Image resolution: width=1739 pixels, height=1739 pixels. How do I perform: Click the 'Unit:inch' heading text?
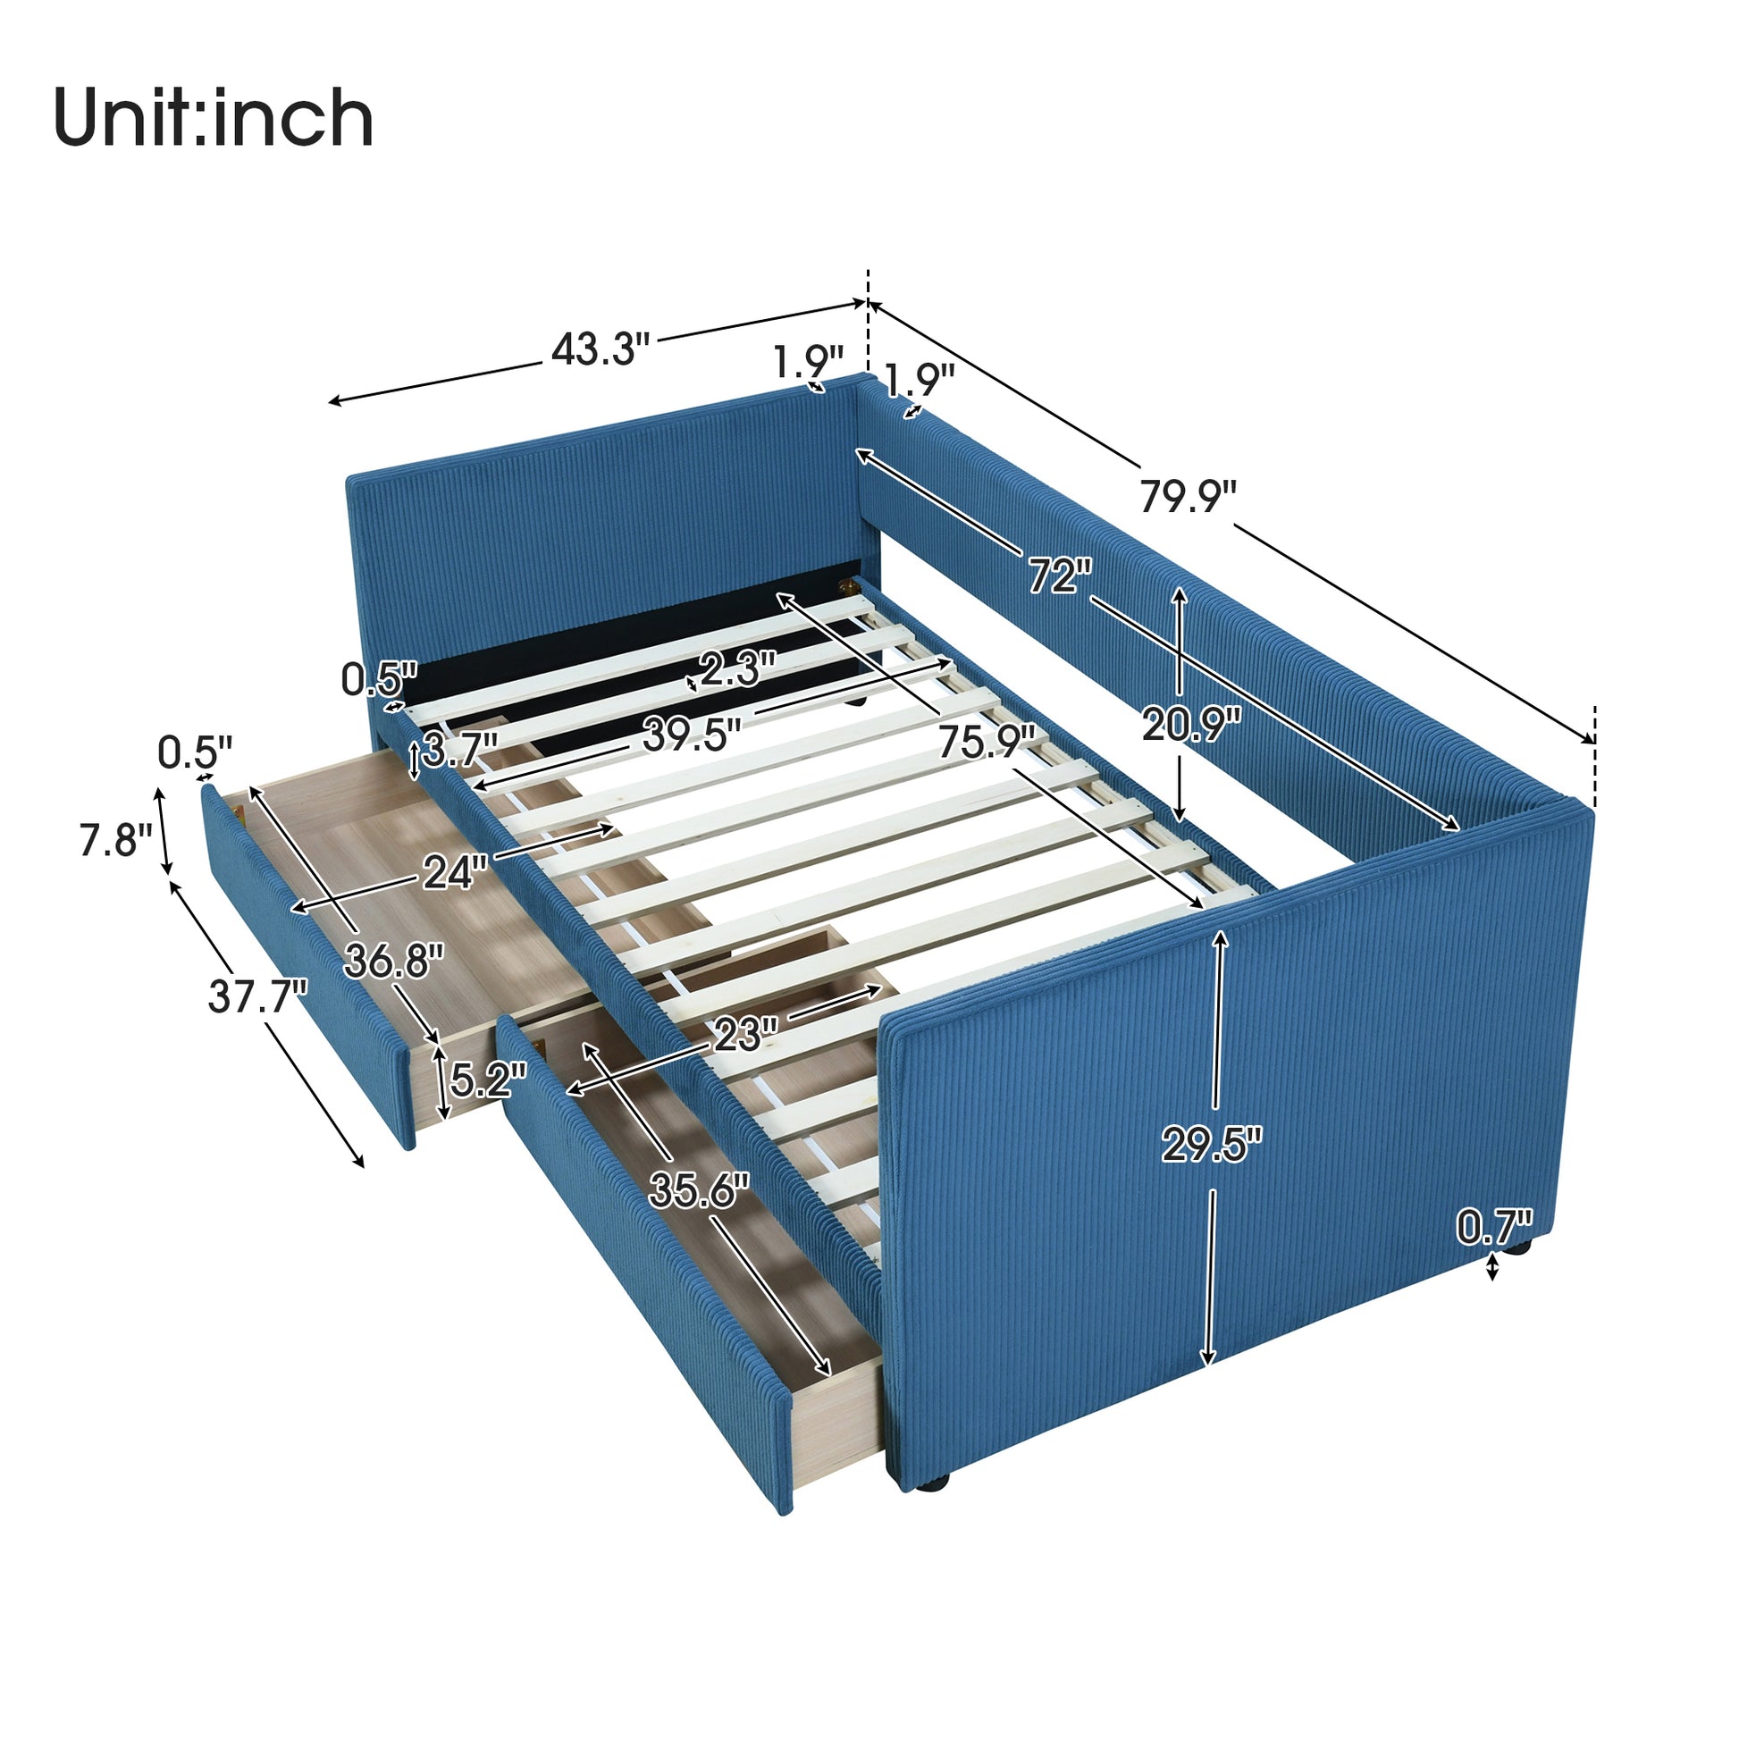[214, 118]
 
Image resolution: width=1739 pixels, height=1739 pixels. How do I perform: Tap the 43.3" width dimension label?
[600, 349]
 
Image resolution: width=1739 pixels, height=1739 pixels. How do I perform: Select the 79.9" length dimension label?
[1188, 496]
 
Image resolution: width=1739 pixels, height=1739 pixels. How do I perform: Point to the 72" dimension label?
[1060, 575]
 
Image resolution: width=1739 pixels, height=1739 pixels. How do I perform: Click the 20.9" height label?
[1191, 725]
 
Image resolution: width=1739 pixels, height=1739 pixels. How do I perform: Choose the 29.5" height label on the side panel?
[1211, 1145]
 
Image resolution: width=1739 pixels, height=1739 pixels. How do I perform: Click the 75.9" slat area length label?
[986, 743]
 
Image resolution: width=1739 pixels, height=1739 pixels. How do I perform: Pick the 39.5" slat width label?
[691, 735]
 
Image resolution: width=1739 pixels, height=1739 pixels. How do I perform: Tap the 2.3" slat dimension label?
[737, 669]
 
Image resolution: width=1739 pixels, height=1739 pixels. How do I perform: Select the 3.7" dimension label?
[460, 750]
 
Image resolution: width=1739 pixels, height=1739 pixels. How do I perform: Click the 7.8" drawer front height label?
[115, 841]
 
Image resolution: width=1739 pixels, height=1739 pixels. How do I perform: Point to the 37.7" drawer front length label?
[257, 996]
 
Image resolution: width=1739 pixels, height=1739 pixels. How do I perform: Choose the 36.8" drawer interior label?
[393, 962]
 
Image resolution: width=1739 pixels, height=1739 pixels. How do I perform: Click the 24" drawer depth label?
[455, 872]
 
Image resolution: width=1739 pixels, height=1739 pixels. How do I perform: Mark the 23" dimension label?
[744, 1035]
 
